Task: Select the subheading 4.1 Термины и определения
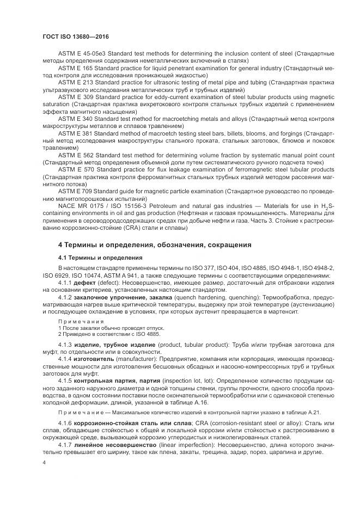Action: (x=100, y=257)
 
